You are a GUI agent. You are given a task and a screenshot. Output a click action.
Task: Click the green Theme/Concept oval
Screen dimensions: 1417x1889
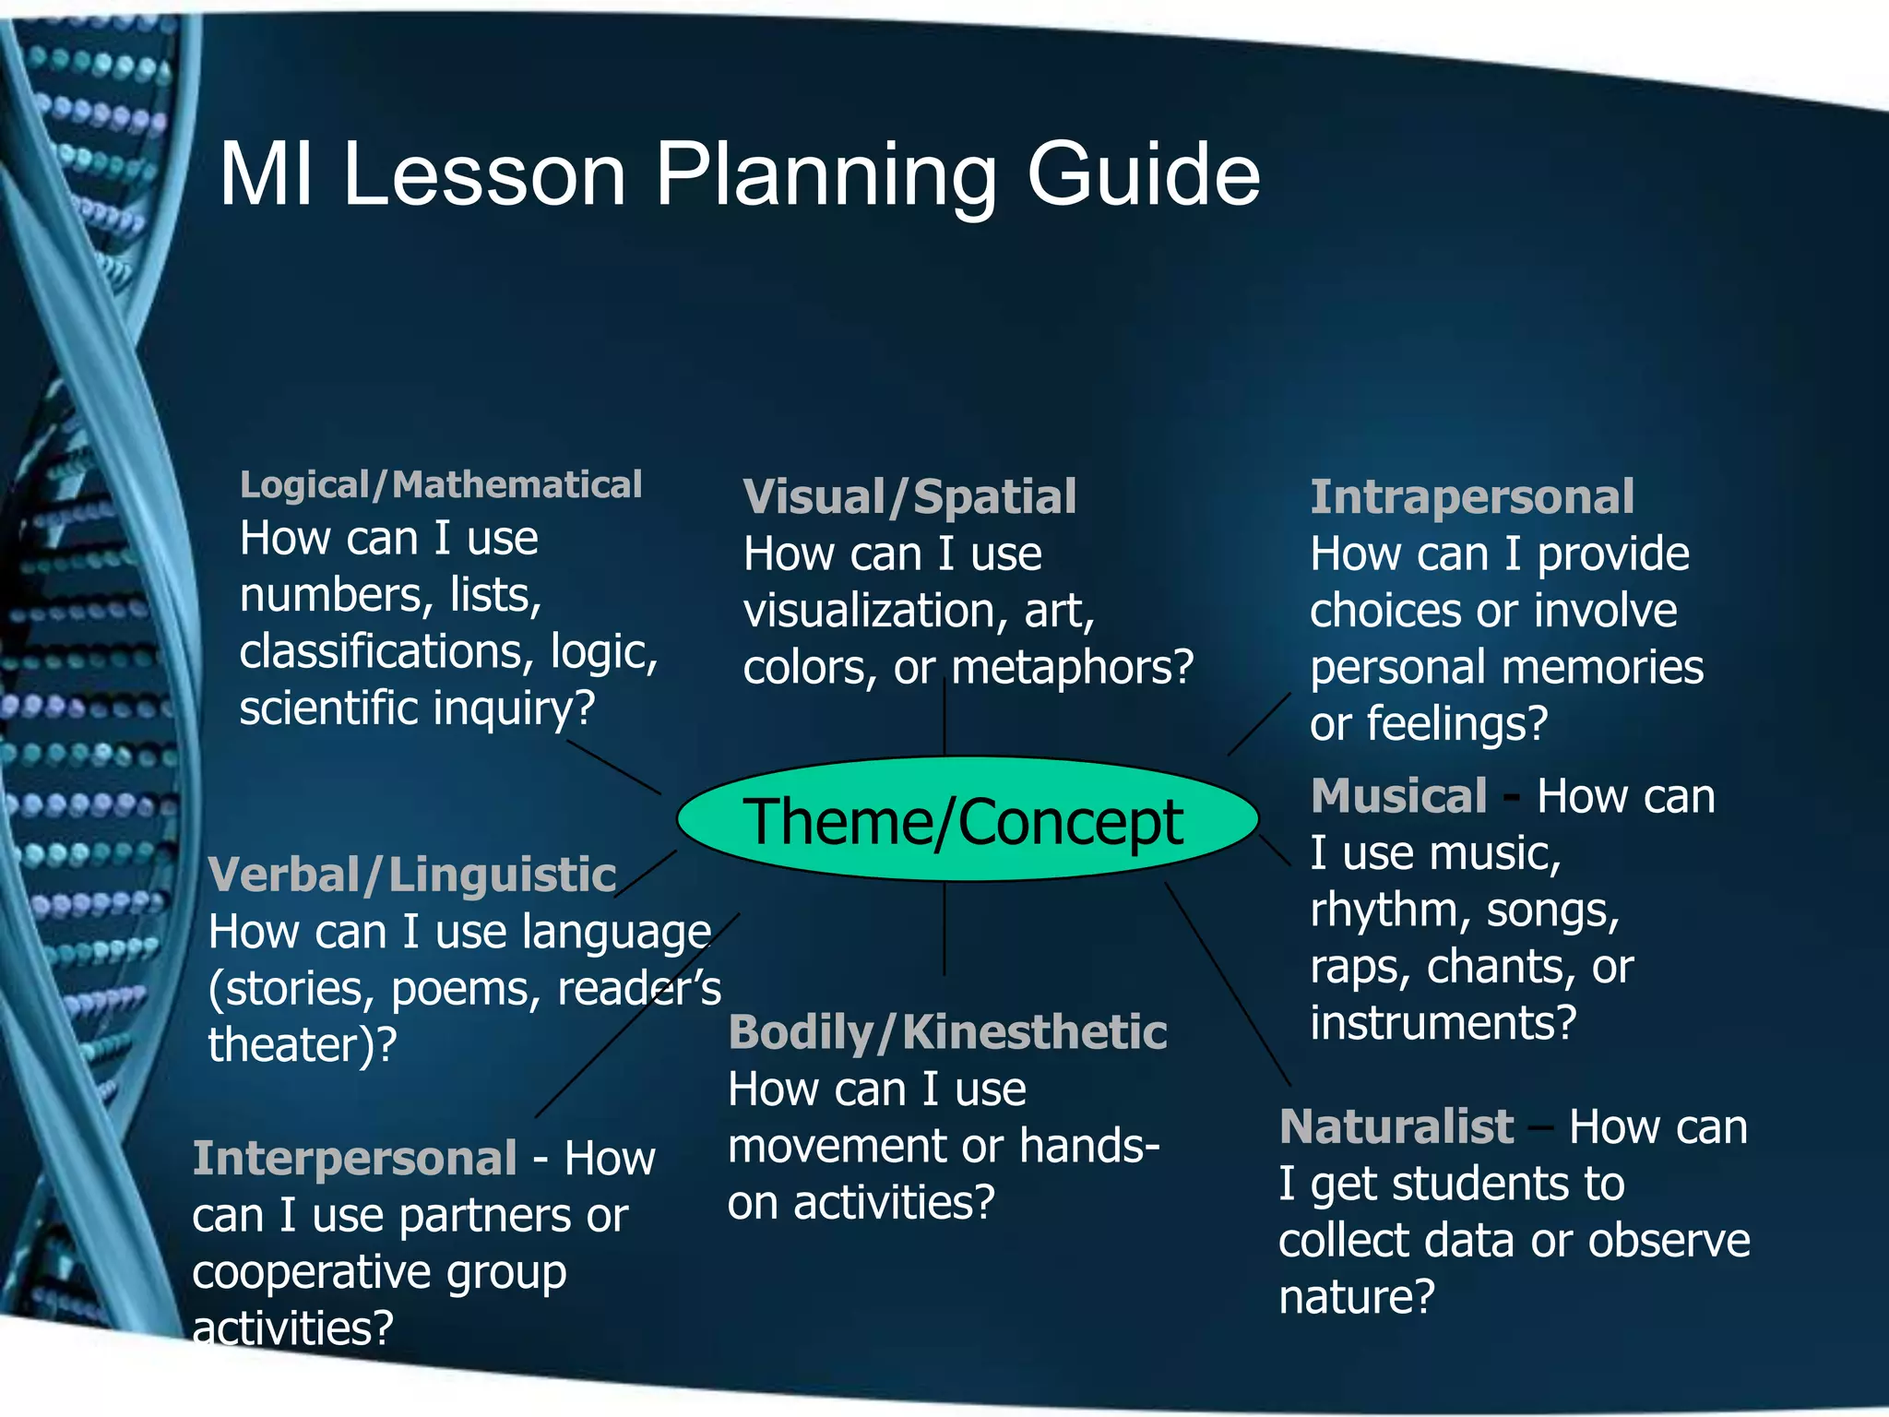pos(967,820)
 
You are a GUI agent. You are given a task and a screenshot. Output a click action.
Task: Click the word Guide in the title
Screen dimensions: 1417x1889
pos(1143,175)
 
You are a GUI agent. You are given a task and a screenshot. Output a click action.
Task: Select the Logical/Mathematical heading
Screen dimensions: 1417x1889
pos(440,484)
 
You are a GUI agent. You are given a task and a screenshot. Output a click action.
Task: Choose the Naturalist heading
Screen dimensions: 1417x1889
pos(1396,1126)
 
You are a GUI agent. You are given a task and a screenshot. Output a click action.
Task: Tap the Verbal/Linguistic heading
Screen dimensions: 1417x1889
pos(411,875)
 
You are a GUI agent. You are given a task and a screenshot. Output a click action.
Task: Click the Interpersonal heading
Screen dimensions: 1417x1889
pos(354,1158)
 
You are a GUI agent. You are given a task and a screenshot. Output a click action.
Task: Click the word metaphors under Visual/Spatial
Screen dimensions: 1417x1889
pos(1072,668)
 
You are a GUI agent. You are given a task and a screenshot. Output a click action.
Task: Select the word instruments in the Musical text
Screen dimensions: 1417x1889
pos(1443,1023)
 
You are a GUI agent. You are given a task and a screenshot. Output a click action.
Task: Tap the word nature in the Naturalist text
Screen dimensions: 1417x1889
pos(1356,1297)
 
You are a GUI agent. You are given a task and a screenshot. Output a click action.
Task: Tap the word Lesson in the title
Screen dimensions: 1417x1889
pos(484,175)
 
